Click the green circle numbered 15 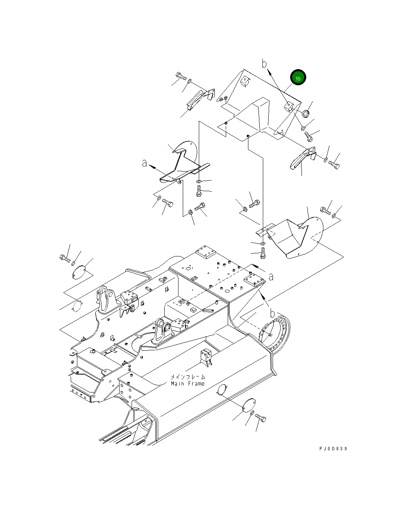click(x=298, y=78)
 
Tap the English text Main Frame click(x=187, y=384)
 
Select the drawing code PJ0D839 click(x=333, y=448)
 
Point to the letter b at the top click(x=264, y=63)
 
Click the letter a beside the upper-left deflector click(x=145, y=164)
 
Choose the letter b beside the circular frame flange click(x=272, y=314)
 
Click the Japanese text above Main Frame click(x=187, y=377)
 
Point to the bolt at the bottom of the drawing click(x=260, y=418)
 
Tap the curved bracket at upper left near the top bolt click(x=200, y=98)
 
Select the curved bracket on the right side click(x=302, y=159)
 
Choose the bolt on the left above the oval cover click(x=65, y=258)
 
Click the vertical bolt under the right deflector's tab click(x=263, y=253)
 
